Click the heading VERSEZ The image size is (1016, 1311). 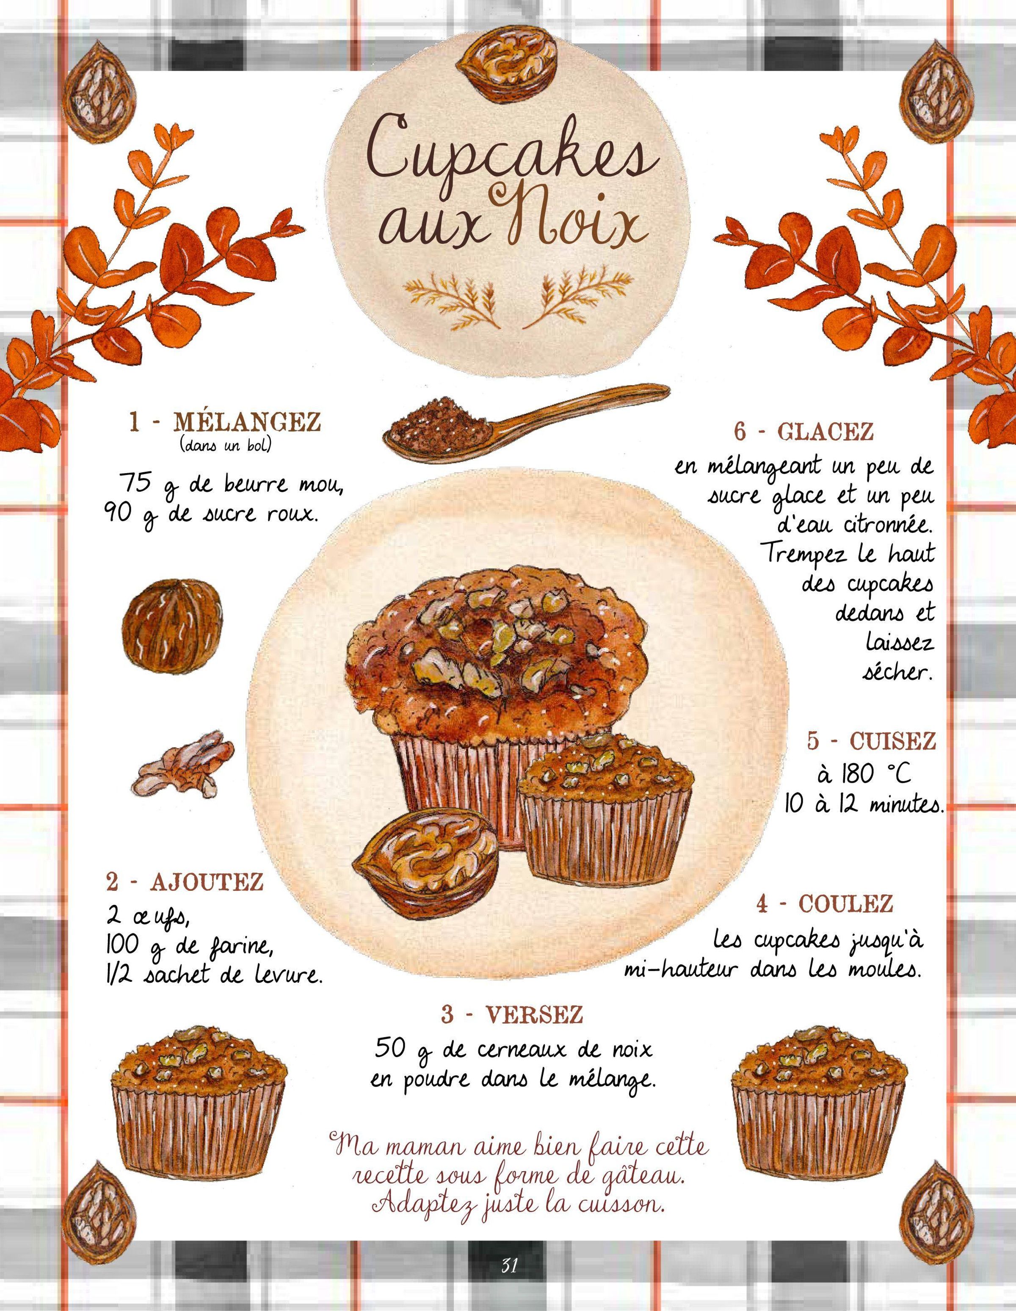534,1014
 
